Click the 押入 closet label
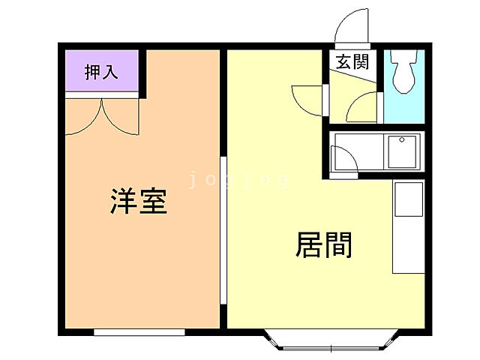point(101,72)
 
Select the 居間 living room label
point(325,245)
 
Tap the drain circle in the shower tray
point(401,140)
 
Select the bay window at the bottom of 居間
point(330,342)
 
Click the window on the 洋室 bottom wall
point(139,331)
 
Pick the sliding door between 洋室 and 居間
point(223,229)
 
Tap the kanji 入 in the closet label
point(110,72)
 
